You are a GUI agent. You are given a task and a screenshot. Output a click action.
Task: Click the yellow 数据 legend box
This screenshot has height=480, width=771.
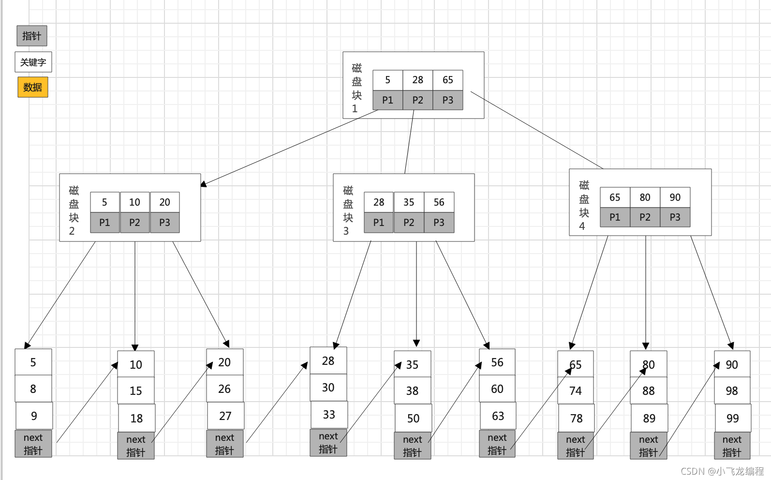(33, 87)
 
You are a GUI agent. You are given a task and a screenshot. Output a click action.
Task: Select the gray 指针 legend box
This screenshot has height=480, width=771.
(31, 36)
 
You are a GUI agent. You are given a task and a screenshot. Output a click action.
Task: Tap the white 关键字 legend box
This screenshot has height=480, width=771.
(33, 62)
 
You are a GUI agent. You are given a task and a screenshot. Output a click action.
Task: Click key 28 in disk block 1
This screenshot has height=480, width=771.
(417, 80)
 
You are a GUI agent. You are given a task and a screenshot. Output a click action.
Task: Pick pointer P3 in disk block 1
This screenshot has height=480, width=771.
(447, 100)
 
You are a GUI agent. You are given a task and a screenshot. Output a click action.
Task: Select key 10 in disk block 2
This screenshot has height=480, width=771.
(134, 202)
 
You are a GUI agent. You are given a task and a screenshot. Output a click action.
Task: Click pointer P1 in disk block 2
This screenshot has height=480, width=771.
(104, 223)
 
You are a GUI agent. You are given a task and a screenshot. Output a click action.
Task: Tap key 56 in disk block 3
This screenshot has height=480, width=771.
(439, 202)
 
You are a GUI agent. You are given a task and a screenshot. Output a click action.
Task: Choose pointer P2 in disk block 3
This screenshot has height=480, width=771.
(409, 223)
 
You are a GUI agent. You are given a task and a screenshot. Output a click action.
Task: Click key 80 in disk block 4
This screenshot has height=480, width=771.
(645, 197)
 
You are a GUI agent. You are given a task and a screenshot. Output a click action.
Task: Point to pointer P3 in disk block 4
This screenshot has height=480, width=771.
(675, 217)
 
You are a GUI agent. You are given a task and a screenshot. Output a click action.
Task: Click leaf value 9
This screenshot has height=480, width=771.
(34, 416)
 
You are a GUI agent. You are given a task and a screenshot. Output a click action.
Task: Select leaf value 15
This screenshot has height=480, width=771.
(135, 391)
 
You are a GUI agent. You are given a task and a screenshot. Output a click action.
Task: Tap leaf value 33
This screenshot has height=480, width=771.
(329, 415)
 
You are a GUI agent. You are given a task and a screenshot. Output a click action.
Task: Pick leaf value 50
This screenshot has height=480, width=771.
(413, 418)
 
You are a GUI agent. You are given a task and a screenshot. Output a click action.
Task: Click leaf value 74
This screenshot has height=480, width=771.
(576, 391)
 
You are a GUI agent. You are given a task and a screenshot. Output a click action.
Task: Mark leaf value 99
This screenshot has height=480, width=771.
(732, 418)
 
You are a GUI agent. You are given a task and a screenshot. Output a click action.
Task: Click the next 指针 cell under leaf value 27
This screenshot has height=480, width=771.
(225, 444)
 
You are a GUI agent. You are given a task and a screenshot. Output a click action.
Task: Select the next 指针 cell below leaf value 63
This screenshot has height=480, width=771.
(497, 444)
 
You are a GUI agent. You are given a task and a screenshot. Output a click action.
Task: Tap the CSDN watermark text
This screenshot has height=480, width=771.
(722, 471)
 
